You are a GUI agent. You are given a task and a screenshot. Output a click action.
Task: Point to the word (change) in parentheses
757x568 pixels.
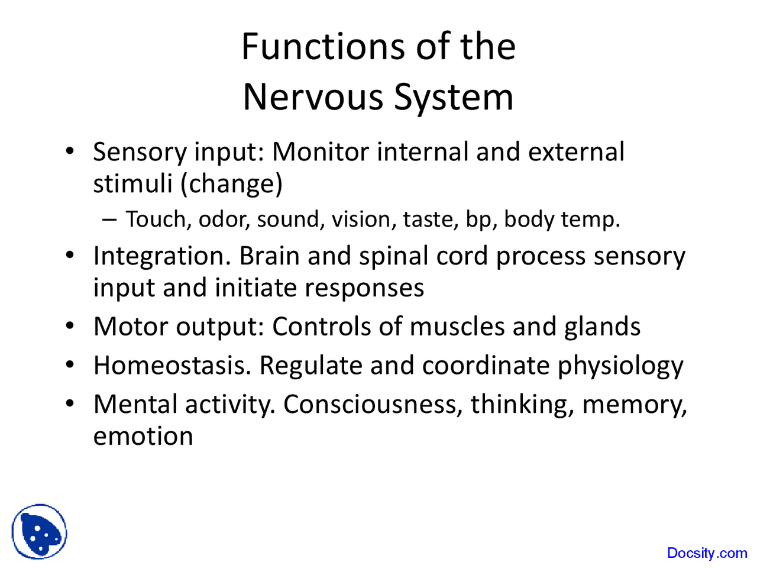click(231, 184)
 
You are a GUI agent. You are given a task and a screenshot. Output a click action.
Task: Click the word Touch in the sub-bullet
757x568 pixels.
click(157, 220)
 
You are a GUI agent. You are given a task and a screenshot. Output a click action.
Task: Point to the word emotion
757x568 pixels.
click(143, 437)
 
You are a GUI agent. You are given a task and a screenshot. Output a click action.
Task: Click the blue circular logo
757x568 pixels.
click(40, 532)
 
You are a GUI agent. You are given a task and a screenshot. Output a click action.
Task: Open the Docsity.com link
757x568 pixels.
click(707, 553)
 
